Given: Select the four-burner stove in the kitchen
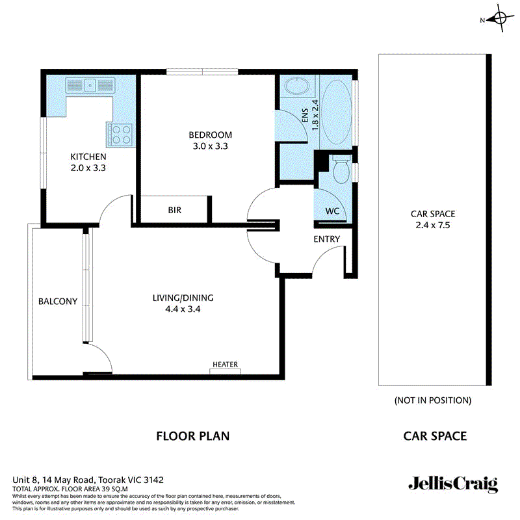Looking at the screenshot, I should click(120, 134).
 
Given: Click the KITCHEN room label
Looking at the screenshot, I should click(88, 157).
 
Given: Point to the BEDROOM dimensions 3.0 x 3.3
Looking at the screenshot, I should click(210, 146).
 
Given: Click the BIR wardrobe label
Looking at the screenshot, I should click(174, 211).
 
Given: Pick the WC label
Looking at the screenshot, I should click(332, 211).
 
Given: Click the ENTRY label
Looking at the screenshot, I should click(326, 239).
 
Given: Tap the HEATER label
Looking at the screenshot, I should click(225, 365).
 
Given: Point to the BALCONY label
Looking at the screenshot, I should click(58, 302).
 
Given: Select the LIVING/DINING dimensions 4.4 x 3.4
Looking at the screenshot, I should click(183, 309).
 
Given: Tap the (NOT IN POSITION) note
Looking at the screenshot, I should click(432, 400).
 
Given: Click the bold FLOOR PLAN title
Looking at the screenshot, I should click(192, 435).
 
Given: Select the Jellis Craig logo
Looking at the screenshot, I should click(452, 484).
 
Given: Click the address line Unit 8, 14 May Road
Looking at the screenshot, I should click(88, 480).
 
